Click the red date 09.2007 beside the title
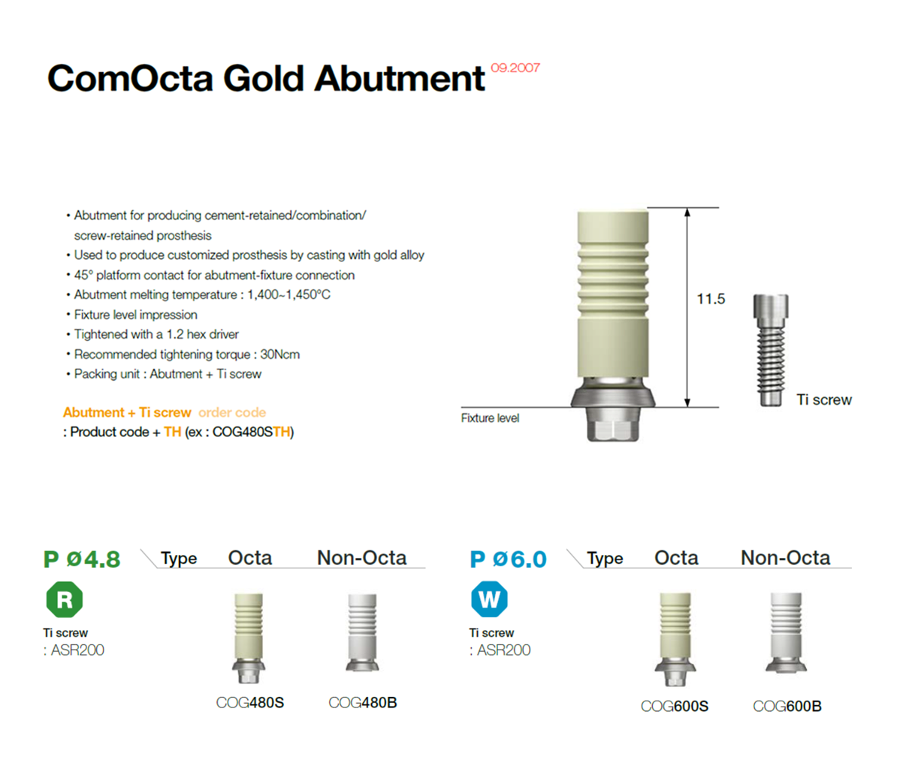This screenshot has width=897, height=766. point(515,68)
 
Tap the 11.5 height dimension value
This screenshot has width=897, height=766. point(711,299)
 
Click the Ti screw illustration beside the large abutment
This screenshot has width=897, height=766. point(771,350)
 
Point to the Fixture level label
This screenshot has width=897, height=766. point(491,418)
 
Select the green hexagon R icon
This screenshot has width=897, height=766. point(65,599)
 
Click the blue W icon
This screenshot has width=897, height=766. point(490,599)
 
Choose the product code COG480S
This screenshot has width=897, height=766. point(250,702)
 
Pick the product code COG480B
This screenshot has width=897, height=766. point(363,702)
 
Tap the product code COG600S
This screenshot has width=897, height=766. point(675,707)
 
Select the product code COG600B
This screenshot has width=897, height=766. point(787,707)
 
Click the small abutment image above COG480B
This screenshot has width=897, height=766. point(363,632)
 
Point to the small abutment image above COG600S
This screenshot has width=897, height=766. point(675,639)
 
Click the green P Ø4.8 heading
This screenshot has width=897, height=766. point(82,559)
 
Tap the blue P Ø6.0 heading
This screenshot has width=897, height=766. point(508,559)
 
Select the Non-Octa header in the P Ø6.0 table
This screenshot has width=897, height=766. point(786,557)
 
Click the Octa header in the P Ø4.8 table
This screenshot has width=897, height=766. point(250,557)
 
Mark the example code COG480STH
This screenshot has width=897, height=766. point(253,432)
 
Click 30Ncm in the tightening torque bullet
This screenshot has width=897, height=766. point(279,354)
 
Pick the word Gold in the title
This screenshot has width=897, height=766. point(263,78)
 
